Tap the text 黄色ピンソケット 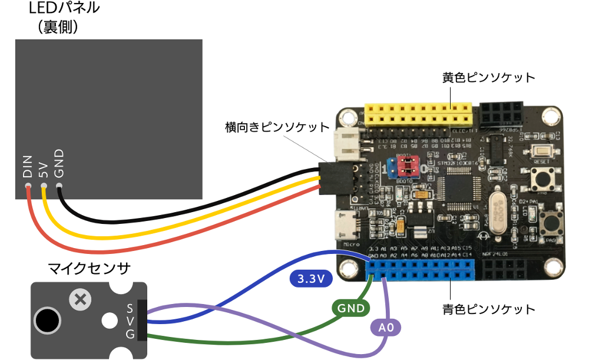(489, 78)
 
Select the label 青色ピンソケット (489, 309)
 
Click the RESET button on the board (538, 151)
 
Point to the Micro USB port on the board (343, 224)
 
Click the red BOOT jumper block (406, 169)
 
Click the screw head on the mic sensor (80, 300)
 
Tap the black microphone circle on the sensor (47, 321)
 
